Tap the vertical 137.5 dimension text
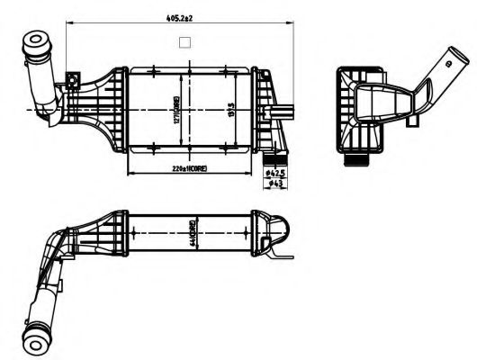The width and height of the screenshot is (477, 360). tap(232, 112)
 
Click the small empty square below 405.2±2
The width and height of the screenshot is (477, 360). tap(185, 41)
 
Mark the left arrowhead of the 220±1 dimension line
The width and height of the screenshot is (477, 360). tap(132, 173)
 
